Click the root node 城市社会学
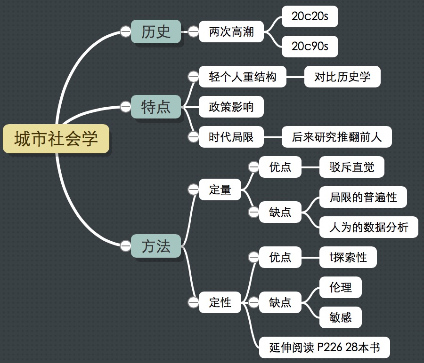click(x=56, y=139)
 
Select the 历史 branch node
click(x=156, y=32)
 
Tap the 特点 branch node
click(x=156, y=107)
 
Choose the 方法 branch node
click(x=156, y=246)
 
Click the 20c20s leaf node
click(x=310, y=17)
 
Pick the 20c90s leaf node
click(x=310, y=46)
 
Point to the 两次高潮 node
click(x=231, y=32)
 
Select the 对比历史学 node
click(x=342, y=77)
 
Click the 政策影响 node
click(x=231, y=107)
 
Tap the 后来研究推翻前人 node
click(x=336, y=137)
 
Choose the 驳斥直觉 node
click(x=352, y=167)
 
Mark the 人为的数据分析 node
click(x=369, y=227)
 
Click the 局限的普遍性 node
click(x=363, y=197)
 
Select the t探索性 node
click(x=348, y=257)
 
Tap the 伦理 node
click(x=341, y=287)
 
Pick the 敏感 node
click(x=341, y=317)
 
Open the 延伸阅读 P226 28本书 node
click(x=325, y=347)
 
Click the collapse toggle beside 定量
click(x=193, y=189)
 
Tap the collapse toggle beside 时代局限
click(x=193, y=137)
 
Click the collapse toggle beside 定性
click(x=193, y=302)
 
